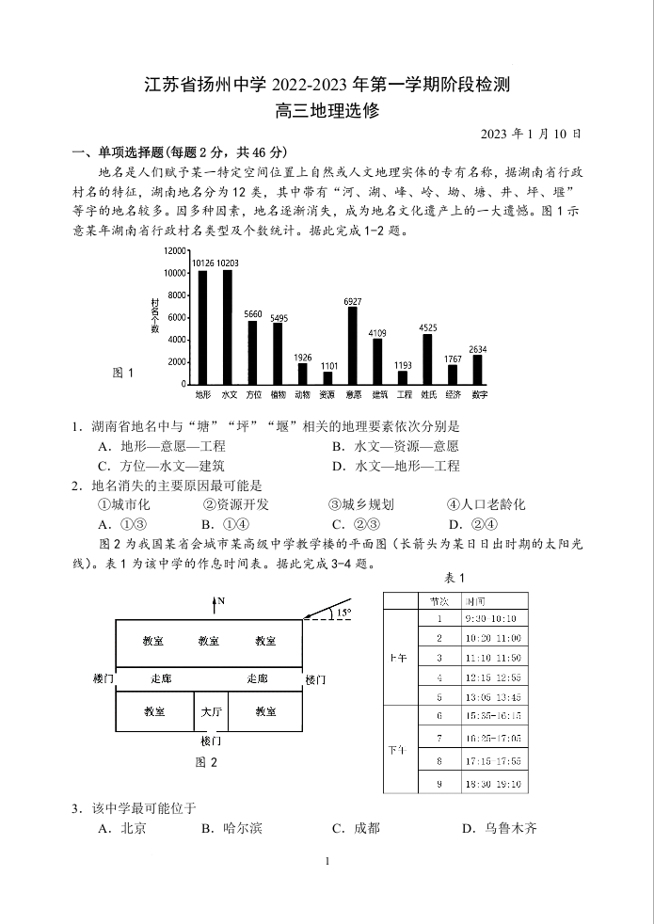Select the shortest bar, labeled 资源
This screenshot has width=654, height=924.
click(x=327, y=377)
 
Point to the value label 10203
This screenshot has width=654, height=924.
click(x=227, y=263)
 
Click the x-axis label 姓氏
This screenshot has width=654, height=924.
click(x=428, y=394)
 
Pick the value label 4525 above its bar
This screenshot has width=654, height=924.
click(x=428, y=327)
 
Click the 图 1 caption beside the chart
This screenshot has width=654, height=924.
click(x=123, y=373)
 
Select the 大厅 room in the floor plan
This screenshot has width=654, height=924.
click(x=211, y=711)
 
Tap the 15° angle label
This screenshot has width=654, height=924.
click(x=343, y=613)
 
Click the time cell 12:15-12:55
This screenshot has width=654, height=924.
click(x=490, y=677)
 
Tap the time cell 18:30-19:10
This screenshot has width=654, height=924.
click(x=490, y=784)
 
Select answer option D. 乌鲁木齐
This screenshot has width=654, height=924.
click(x=499, y=828)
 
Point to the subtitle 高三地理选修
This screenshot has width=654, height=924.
click(x=327, y=110)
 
